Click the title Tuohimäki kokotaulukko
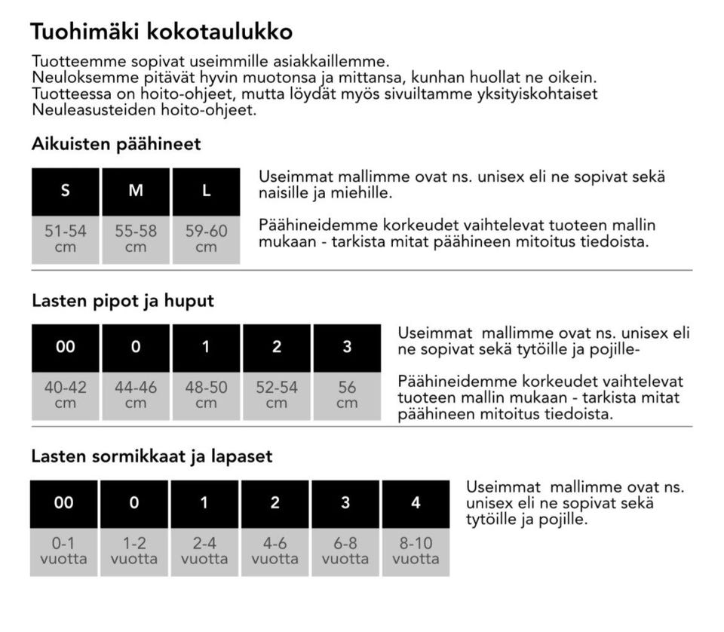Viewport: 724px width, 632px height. (161, 32)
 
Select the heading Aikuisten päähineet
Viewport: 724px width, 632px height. (116, 143)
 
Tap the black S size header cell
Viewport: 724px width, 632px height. (66, 191)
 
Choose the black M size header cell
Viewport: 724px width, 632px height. (136, 191)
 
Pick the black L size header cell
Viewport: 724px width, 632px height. (206, 191)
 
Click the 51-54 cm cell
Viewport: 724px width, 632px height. (66, 239)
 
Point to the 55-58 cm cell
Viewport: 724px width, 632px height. (136, 239)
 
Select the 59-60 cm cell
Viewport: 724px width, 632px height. (206, 239)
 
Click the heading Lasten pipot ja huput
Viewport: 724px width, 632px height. (123, 301)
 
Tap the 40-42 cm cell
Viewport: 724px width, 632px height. (66, 394)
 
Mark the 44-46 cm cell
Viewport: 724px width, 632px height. (136, 394)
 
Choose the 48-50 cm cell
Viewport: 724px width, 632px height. (206, 394)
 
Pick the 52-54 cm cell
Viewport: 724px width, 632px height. (277, 394)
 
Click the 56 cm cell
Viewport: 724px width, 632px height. (347, 394)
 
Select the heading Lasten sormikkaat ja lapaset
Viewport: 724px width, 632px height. (152, 456)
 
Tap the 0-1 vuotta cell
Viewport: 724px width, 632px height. (64, 551)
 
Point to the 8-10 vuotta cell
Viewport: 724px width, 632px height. (416, 551)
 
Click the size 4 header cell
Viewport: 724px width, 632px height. (416, 503)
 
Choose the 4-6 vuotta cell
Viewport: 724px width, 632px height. (275, 551)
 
